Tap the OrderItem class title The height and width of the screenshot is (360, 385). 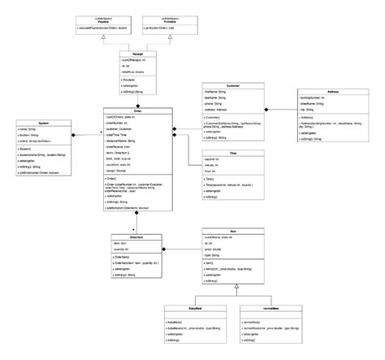click(137, 238)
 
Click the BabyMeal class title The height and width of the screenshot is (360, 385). click(188, 310)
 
